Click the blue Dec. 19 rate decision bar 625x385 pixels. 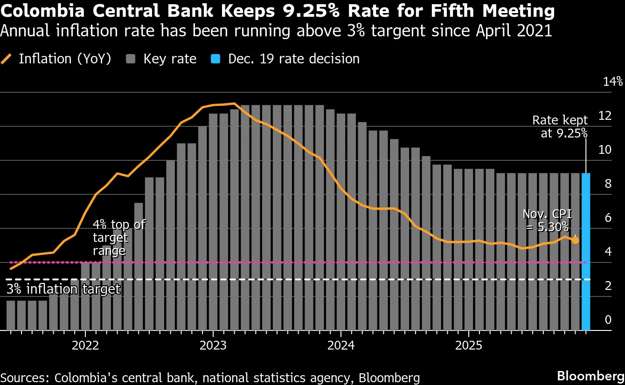586,252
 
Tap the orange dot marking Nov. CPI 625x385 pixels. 575,241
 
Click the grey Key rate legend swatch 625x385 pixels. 131,59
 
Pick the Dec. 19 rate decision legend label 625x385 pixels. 294,59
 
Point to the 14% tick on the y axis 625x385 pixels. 612,82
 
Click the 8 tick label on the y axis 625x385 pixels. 608,184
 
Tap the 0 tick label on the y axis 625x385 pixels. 608,320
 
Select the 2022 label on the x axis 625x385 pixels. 85,346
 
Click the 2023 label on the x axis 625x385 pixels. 213,346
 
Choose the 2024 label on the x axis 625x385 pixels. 341,346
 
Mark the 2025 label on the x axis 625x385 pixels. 468,346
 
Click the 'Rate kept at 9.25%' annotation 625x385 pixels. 560,127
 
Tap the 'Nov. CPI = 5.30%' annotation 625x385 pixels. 547,220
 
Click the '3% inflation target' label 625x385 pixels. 63,289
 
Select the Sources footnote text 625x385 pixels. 210,378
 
